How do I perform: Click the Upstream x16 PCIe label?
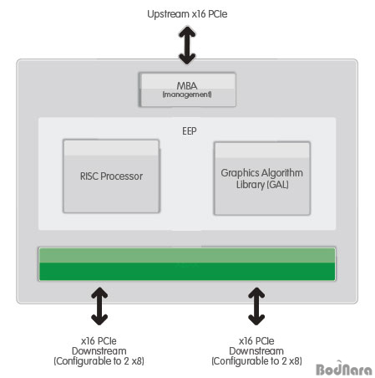[187, 14]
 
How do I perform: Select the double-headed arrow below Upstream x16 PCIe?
[187, 45]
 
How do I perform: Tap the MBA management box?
[187, 89]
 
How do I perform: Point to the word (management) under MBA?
[187, 94]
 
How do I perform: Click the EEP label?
[190, 130]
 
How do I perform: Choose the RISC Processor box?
[111, 176]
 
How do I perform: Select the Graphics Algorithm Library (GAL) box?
[262, 178]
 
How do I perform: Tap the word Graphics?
[240, 173]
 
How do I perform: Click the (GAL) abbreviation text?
[277, 185]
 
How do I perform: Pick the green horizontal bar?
[187, 263]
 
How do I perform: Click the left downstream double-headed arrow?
[99, 306]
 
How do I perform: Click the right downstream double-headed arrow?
[256, 306]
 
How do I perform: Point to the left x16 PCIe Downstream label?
[99, 345]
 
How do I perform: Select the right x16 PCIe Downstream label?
[256, 345]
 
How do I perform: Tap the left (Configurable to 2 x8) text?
[99, 361]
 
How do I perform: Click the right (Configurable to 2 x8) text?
[256, 361]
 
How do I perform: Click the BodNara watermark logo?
[344, 369]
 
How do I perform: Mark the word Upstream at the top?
[168, 14]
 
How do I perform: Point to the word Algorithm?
[282, 173]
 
